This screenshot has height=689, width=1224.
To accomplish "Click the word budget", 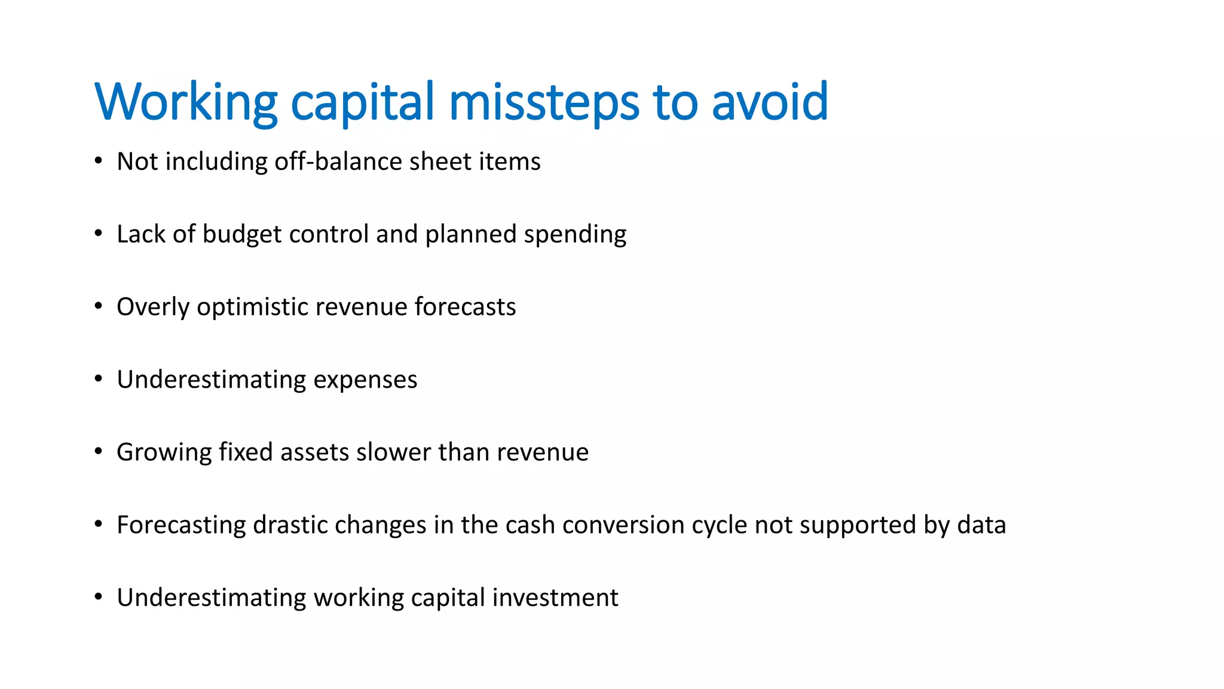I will [242, 234].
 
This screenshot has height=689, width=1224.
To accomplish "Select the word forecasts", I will [465, 307].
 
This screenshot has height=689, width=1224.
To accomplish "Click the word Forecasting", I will [181, 525].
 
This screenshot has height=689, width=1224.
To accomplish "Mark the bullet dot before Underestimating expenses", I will [99, 379].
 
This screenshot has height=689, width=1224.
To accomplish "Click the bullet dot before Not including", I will [99, 160].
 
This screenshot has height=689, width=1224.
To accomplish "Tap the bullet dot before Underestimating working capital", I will [99, 596].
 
